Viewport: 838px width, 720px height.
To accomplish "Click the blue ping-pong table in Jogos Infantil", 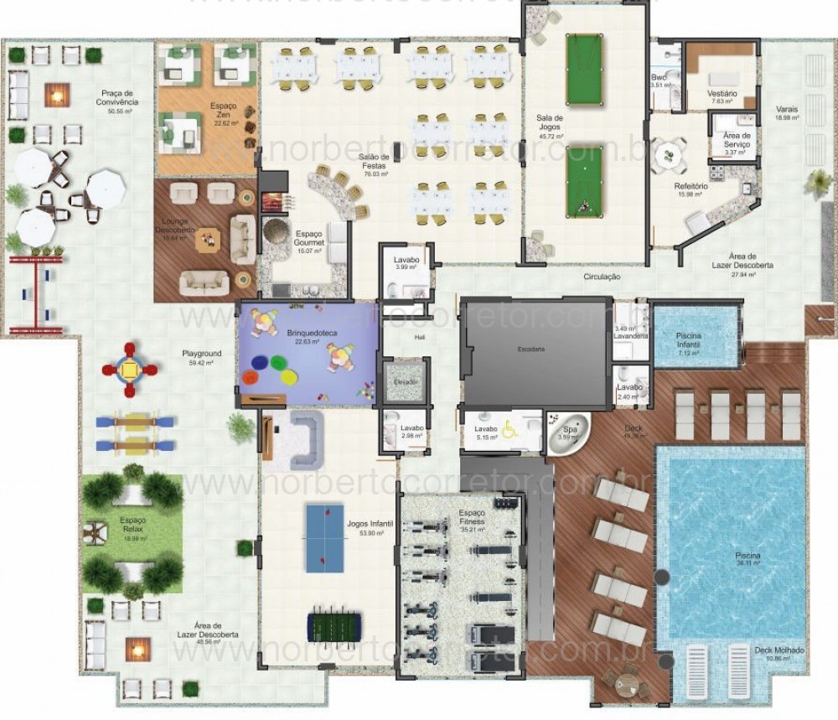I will pos(325,537).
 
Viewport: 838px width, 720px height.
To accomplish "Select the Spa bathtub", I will pos(569,432).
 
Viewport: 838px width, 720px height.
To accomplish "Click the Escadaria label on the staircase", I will pos(530,349).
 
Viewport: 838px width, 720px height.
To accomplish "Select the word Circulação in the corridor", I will pos(602,277).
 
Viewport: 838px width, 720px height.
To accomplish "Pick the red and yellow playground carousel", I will pos(131,368).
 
